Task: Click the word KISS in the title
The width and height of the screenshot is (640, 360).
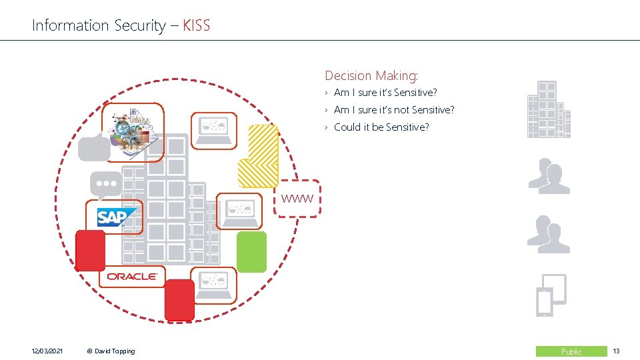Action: (x=196, y=26)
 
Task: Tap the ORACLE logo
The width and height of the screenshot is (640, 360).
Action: (x=132, y=276)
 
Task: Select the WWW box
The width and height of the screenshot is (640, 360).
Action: (x=297, y=198)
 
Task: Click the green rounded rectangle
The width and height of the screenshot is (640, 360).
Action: (x=252, y=252)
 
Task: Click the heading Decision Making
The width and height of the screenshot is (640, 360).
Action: (x=371, y=76)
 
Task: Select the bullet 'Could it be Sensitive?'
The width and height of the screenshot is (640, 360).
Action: (x=381, y=127)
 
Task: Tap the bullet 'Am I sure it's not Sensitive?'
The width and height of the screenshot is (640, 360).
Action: (x=394, y=110)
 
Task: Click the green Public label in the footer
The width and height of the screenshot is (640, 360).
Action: (x=571, y=351)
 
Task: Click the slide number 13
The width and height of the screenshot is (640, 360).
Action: (x=617, y=351)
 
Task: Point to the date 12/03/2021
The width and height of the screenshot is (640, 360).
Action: (x=47, y=351)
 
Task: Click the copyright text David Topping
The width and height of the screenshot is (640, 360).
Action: (x=111, y=351)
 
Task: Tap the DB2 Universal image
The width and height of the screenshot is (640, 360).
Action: (x=133, y=132)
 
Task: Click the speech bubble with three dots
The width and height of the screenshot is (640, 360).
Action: (x=106, y=184)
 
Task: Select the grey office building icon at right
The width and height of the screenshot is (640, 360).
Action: (x=549, y=110)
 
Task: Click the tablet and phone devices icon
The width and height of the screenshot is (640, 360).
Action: (x=551, y=295)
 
